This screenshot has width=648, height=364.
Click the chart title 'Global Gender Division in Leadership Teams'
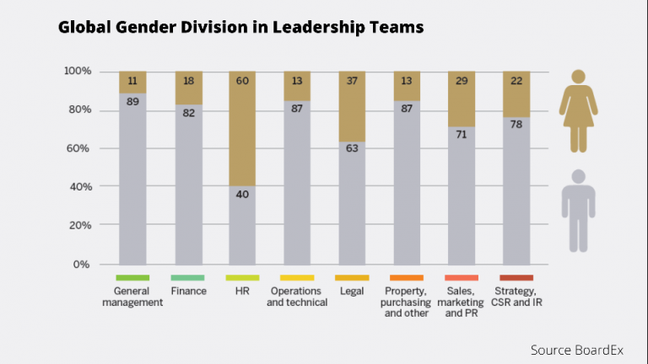pyautogui.click(x=240, y=28)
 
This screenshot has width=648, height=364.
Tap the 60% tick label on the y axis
pyautogui.click(x=78, y=148)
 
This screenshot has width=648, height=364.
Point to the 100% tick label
pyautogui.click(x=76, y=71)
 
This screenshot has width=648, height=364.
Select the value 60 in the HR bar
pyautogui.click(x=241, y=81)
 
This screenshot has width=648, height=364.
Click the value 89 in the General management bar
pyautogui.click(x=132, y=102)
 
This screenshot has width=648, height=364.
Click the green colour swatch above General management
pyautogui.click(x=132, y=277)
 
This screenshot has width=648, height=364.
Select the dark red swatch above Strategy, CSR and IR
pyautogui.click(x=516, y=277)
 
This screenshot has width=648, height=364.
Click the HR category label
pyautogui.click(x=241, y=291)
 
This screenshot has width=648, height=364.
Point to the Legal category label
pyautogui.click(x=351, y=291)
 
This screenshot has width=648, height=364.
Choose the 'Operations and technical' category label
pyautogui.click(x=297, y=297)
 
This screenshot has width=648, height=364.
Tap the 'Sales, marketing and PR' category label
pyautogui.click(x=461, y=302)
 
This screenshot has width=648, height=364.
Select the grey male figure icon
pyautogui.click(x=578, y=211)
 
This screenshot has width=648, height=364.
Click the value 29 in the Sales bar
pyautogui.click(x=461, y=81)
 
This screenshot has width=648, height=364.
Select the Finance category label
pyautogui.click(x=187, y=291)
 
